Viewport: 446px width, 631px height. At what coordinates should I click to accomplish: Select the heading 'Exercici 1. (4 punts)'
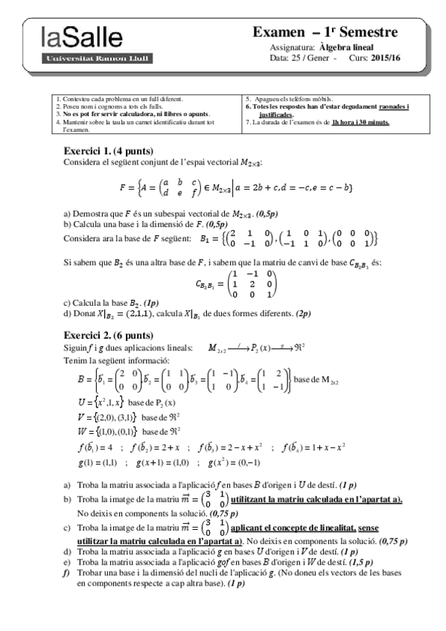pos(111,150)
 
